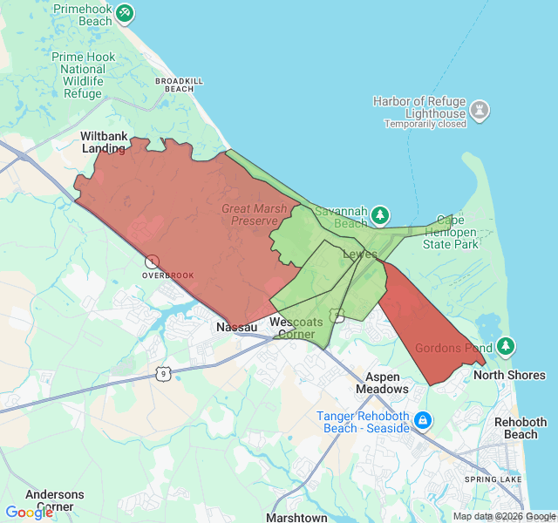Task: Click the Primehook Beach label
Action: [84, 14]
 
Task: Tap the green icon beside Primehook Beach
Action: [126, 13]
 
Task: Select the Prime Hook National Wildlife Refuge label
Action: [84, 75]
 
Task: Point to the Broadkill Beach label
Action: [179, 85]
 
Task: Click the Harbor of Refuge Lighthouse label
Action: [418, 107]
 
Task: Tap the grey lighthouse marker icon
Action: [479, 111]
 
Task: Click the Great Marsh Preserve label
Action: [254, 214]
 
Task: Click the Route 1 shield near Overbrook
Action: [152, 261]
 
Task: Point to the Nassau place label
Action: [236, 327]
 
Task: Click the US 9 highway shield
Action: [162, 372]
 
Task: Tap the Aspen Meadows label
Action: [382, 383]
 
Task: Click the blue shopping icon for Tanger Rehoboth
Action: [423, 420]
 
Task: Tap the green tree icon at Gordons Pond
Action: [506, 347]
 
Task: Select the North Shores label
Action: [509, 376]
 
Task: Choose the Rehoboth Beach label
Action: [521, 428]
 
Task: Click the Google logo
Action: [29, 512]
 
